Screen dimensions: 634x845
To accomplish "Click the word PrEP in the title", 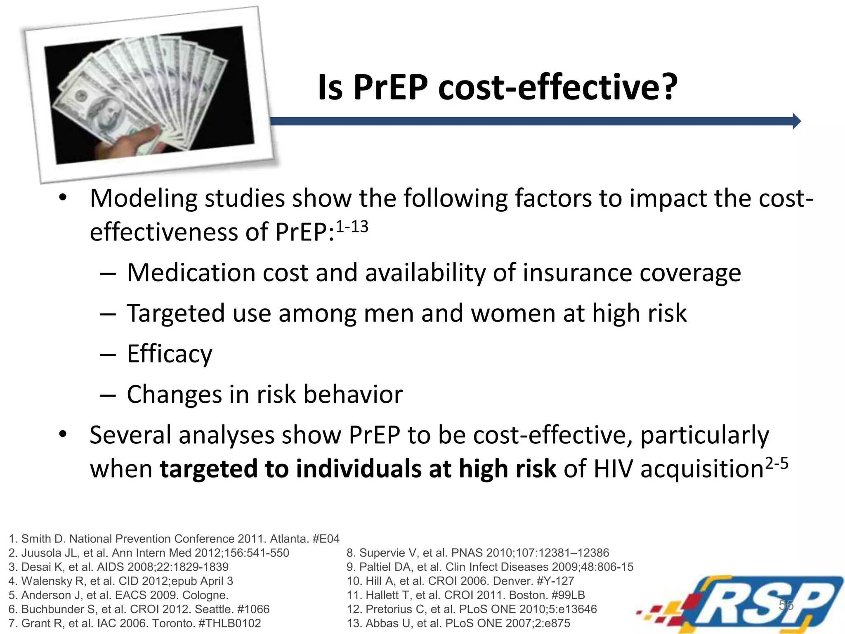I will point(390,88).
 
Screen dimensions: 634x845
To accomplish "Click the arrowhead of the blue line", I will point(796,121).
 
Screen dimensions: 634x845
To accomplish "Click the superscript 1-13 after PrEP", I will point(352,227).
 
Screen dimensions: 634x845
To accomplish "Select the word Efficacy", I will point(170,354).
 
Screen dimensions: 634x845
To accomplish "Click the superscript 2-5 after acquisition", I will point(777,464).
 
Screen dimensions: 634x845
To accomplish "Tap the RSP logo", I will point(743,603).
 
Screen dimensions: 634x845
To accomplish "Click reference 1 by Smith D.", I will point(174,539).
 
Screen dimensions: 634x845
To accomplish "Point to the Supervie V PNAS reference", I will point(477,553).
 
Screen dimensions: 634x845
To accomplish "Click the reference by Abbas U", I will point(458,623).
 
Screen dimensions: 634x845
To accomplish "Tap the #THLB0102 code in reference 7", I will point(229,623).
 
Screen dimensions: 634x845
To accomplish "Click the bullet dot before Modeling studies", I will point(62,198).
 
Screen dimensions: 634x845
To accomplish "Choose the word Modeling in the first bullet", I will point(144,199).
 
